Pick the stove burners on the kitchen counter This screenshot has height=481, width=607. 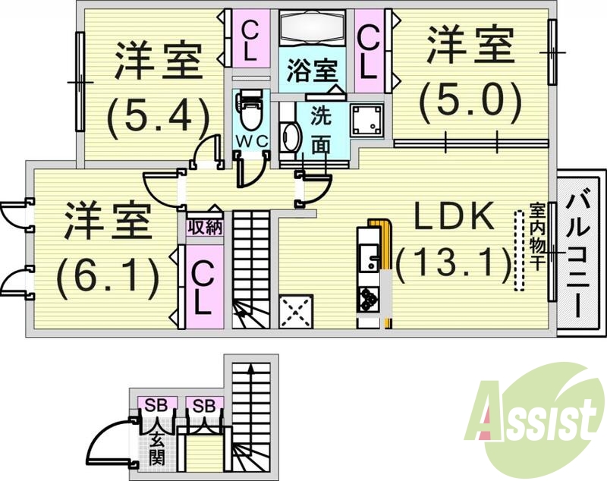(x=370, y=298)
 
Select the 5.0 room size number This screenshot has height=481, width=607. (x=471, y=97)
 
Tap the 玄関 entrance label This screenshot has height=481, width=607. (x=157, y=448)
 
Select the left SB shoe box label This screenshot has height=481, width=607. (x=157, y=404)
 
